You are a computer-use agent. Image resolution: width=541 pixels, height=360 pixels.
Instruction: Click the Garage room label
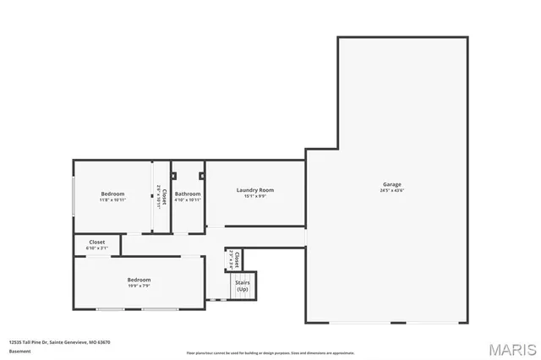[x=391, y=184]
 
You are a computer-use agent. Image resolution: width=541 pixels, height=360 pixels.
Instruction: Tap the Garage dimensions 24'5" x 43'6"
[x=391, y=191]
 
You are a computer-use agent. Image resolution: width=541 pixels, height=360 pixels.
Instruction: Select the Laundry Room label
[x=254, y=190]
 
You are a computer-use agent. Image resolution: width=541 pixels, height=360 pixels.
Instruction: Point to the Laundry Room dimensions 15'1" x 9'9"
[x=254, y=197]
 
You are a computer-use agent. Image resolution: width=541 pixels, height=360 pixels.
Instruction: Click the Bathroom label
[x=188, y=194]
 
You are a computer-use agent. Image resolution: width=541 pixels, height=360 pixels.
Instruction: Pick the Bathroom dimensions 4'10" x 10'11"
[x=188, y=200]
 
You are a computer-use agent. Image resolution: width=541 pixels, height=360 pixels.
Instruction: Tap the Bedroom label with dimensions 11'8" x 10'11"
[x=112, y=194]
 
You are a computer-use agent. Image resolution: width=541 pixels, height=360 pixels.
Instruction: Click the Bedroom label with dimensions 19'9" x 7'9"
[x=139, y=280]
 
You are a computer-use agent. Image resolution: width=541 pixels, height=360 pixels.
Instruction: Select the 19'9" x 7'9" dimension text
[x=139, y=286]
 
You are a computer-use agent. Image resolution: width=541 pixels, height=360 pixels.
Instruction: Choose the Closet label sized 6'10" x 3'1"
[x=97, y=242]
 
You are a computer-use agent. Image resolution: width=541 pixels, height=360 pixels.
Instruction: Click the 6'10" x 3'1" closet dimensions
[x=97, y=248]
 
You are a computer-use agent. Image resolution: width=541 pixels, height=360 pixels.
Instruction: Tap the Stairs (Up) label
[x=243, y=286]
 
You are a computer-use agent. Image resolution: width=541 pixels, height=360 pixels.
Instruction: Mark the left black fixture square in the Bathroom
[x=173, y=176]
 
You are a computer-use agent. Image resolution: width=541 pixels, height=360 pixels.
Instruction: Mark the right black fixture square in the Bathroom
[x=201, y=176]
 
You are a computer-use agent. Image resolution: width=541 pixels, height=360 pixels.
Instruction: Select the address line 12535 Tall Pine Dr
[x=59, y=342]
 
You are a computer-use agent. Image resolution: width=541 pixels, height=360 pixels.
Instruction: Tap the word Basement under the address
[x=19, y=351]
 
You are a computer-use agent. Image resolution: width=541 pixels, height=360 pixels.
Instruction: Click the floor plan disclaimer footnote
[x=270, y=352]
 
